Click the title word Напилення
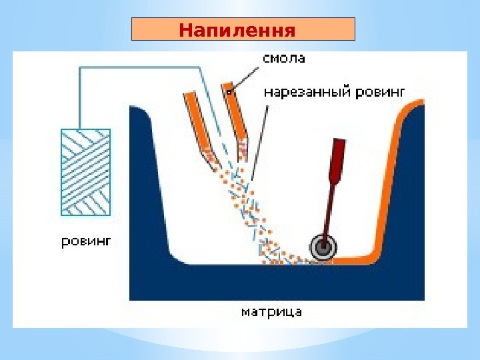237,30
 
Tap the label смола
284,59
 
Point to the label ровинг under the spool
87,241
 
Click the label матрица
271,311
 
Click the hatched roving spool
85,172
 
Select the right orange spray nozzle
236,117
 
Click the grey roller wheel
323,247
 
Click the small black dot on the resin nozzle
228,93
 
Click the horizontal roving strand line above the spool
140,67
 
